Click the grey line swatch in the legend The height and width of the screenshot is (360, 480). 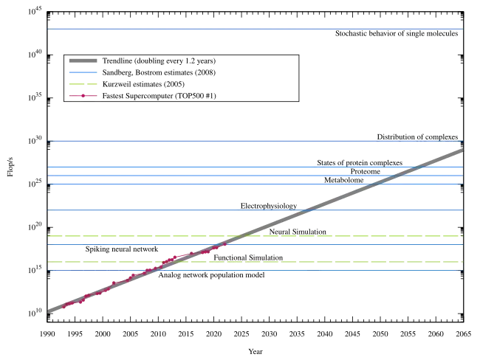82,61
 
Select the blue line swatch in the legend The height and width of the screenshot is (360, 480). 82,73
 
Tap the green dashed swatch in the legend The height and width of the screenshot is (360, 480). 82,85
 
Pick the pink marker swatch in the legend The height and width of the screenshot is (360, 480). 82,96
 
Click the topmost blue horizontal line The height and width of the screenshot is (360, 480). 255,27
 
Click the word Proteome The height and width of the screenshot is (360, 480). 365,171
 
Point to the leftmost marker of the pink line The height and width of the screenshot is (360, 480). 64,305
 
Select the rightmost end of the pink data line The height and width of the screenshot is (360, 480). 227,244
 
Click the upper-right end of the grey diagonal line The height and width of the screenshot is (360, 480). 461,150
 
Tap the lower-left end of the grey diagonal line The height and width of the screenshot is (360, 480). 49,311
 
